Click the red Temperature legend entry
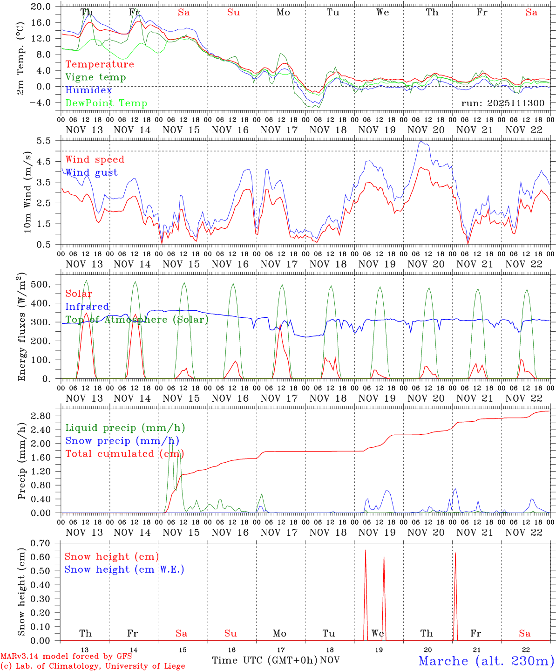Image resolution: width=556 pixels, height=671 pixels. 99,64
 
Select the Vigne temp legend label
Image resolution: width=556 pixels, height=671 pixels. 95,77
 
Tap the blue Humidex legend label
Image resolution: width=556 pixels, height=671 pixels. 88,90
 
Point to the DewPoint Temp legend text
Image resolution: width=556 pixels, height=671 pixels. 106,103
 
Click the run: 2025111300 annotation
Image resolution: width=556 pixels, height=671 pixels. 502,103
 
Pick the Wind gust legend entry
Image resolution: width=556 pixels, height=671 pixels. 91,172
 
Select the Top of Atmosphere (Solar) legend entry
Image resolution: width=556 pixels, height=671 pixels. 137,320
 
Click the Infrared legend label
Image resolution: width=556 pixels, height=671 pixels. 87,307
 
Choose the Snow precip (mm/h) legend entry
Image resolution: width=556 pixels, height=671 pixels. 122,441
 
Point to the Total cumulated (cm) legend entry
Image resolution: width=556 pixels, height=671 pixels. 124,454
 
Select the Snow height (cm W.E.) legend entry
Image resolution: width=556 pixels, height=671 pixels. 124,569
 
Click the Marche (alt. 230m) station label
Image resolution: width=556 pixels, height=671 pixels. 486,661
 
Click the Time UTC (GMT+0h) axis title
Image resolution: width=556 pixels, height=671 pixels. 264,660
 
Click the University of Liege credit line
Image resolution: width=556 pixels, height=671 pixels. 93,666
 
